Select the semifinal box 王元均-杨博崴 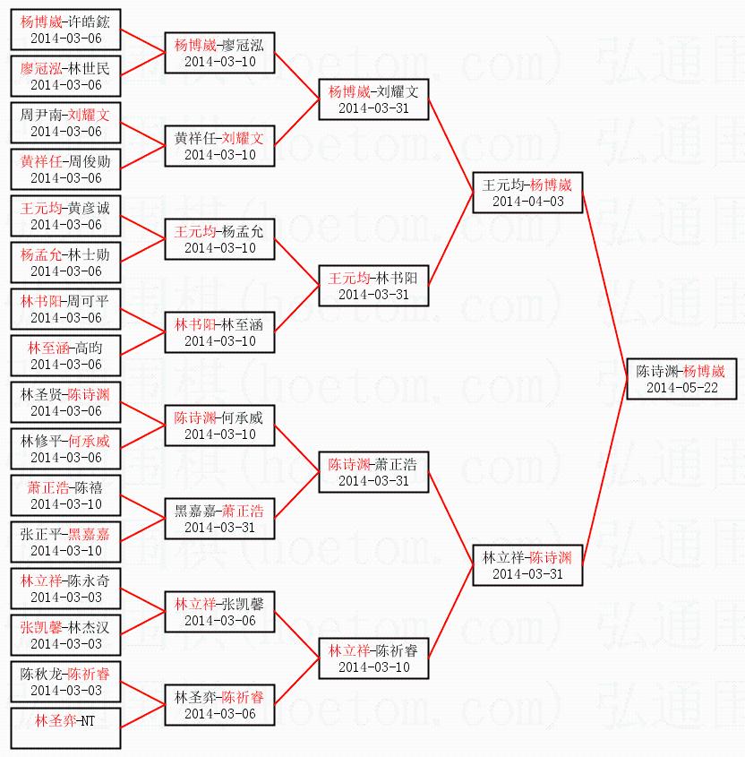click(527, 192)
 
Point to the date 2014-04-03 click(527, 202)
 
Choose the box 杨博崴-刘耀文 click(373, 99)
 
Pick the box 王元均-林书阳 click(373, 285)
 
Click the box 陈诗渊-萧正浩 click(373, 471)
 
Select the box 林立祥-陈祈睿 click(373, 658)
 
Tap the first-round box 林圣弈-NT click(65, 727)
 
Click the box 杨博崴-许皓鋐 click(65, 29)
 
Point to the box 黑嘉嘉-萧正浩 click(219, 518)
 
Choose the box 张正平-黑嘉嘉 click(65, 541)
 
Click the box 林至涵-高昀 click(65, 355)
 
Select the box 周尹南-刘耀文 click(65, 122)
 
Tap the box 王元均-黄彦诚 click(65, 215)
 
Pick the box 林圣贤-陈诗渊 click(65, 401)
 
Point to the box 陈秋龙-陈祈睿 click(65, 681)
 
